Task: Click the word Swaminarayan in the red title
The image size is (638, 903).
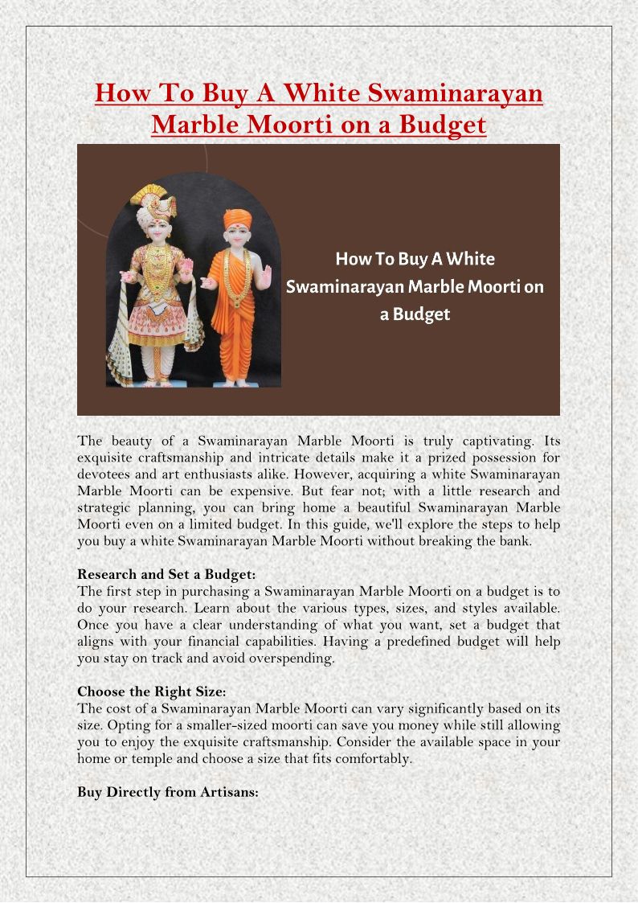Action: (456, 93)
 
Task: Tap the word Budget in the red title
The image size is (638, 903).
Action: (446, 125)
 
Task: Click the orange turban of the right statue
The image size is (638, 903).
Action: (236, 219)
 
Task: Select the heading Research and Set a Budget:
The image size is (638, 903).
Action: (166, 574)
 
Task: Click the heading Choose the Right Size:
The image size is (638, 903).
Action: (152, 692)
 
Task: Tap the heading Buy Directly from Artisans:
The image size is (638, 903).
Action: (168, 792)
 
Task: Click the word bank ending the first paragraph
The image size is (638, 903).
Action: (516, 541)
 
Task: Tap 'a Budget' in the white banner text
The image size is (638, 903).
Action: (415, 314)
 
